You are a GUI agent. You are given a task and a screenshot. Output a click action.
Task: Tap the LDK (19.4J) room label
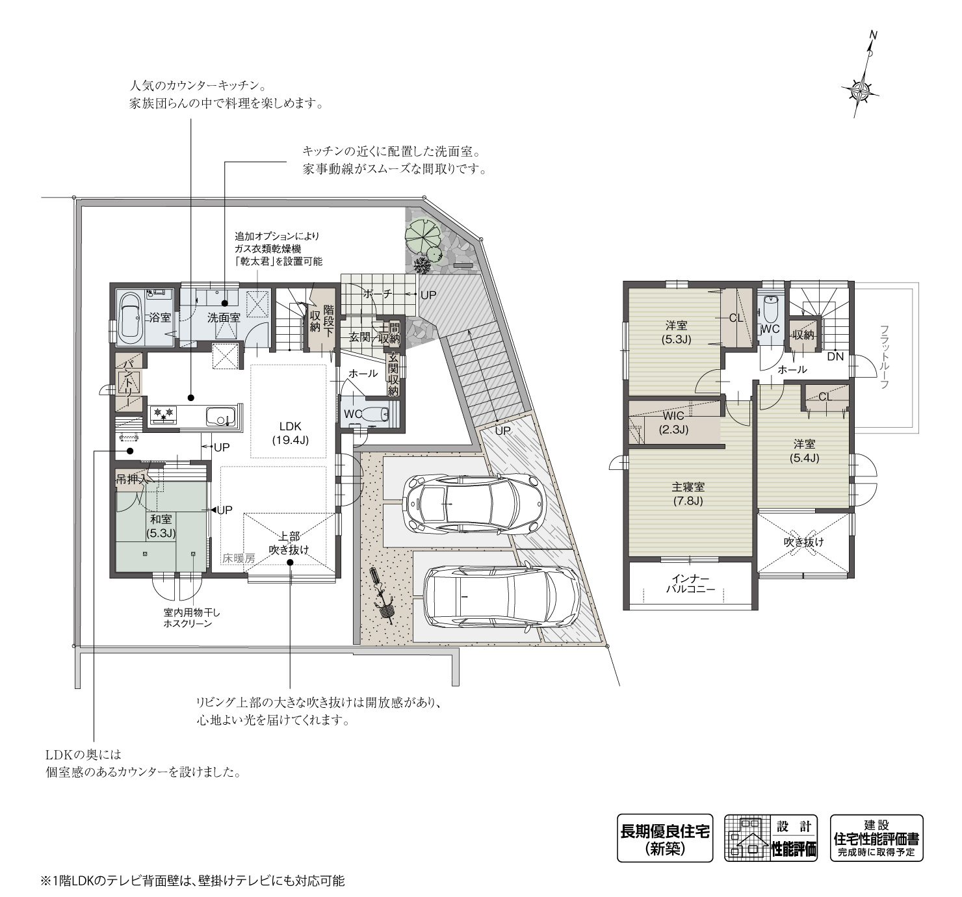[x=290, y=433]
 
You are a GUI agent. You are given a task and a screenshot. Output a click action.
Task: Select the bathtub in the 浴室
[x=131, y=317]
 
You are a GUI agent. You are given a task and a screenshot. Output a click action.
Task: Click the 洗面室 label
[x=224, y=318]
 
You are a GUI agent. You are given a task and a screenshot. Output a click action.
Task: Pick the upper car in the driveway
[x=472, y=502]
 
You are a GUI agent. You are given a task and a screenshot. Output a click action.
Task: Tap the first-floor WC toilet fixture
[x=373, y=413]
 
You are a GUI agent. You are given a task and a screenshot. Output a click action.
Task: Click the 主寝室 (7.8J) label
[x=688, y=493]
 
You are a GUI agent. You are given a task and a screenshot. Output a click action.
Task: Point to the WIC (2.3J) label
[x=673, y=422]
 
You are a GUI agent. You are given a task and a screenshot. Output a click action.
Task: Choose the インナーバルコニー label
[x=690, y=584]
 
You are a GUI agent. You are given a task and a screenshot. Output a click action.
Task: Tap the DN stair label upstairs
[x=835, y=356]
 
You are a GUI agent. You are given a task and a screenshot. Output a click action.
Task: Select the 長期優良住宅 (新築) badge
[x=664, y=838]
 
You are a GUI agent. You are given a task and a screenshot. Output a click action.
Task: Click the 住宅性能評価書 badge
[x=876, y=838]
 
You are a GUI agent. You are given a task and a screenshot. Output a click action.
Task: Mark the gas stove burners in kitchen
[x=162, y=412]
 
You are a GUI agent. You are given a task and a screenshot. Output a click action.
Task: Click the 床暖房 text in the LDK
[x=239, y=558]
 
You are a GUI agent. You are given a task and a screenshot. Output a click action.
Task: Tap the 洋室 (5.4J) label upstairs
[x=804, y=450]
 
